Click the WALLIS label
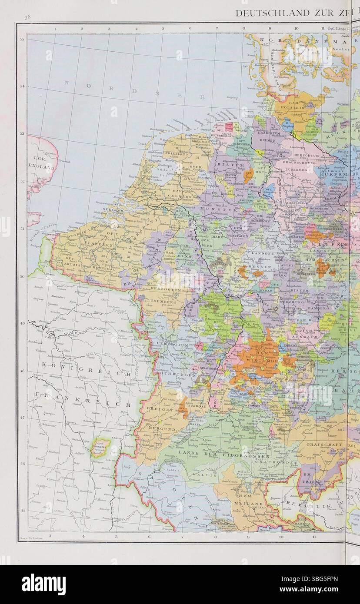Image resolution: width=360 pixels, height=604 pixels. (x=207, y=475)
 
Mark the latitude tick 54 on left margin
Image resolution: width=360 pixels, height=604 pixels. (x=22, y=86)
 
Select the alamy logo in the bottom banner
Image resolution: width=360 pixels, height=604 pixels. (x=43, y=584)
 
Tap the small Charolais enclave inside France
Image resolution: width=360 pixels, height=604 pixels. (x=100, y=447)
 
